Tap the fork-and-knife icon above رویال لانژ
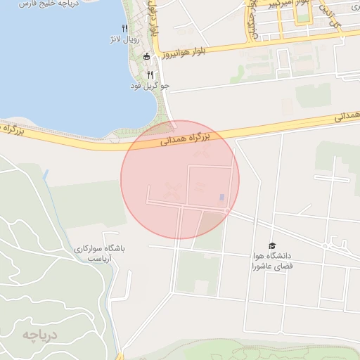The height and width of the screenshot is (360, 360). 124,29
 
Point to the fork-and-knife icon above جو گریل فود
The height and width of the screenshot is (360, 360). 150,75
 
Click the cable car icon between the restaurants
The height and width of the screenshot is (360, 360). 146,56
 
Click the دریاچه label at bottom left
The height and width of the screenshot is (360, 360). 38,334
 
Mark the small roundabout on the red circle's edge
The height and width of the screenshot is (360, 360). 227,211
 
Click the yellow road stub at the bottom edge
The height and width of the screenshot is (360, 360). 120,355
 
